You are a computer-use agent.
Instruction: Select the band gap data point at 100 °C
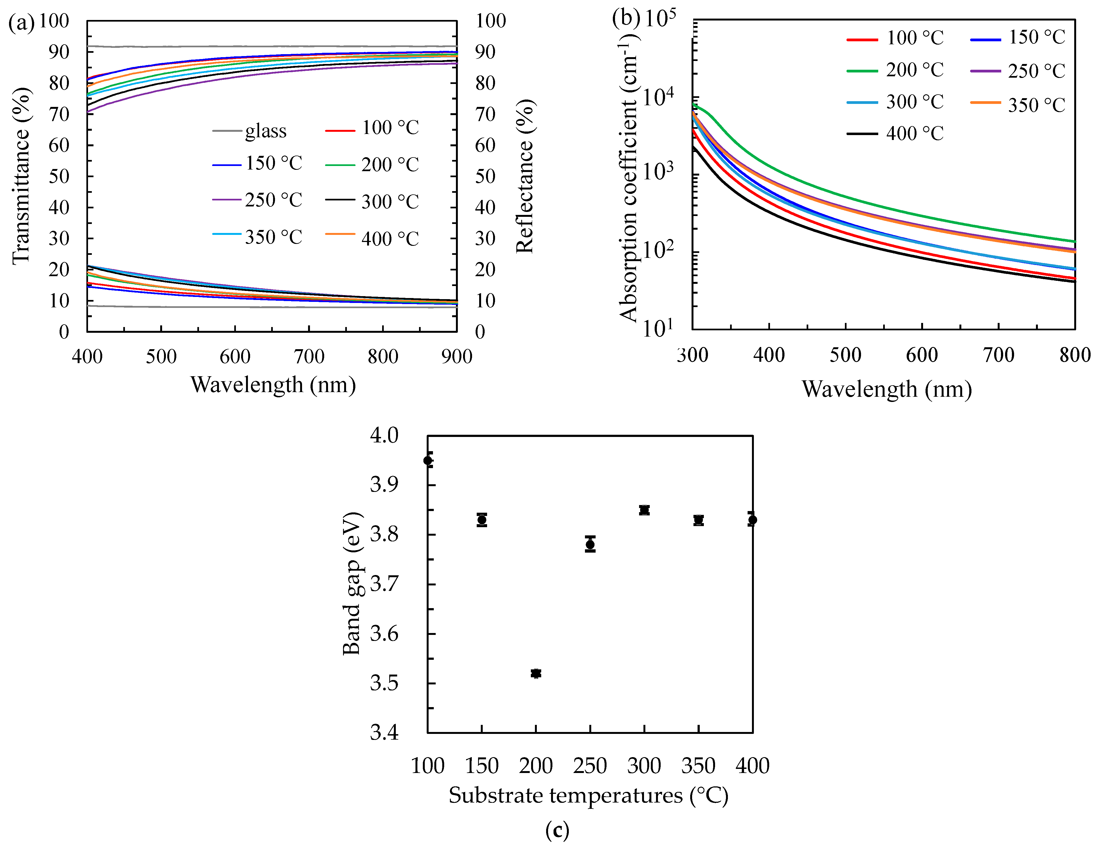(428, 460)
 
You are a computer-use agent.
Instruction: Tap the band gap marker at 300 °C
(644, 510)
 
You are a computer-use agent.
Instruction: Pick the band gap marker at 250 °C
(590, 544)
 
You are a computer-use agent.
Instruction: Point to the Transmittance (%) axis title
(21, 176)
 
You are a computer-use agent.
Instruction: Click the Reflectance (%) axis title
(525, 176)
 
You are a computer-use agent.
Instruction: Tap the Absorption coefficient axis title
(628, 180)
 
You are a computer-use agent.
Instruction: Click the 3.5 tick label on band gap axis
(384, 683)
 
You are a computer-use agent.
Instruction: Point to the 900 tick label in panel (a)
(456, 357)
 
